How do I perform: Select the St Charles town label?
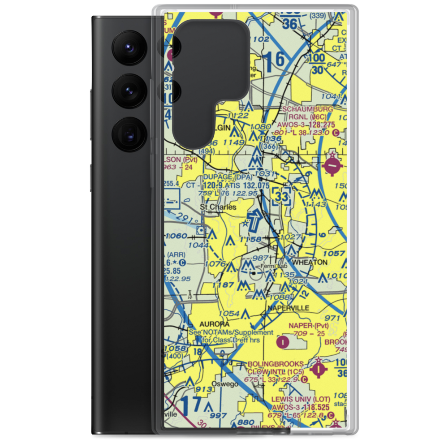(x=218, y=207)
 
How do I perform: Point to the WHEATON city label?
(x=310, y=262)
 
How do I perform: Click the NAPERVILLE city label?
(x=289, y=308)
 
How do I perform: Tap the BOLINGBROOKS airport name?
(x=276, y=365)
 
